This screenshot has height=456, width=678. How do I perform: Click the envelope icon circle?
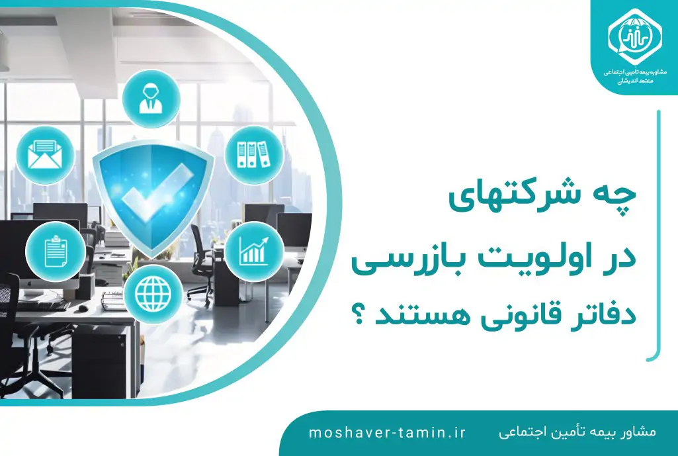click(x=45, y=156)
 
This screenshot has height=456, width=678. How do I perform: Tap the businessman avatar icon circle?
click(x=151, y=99)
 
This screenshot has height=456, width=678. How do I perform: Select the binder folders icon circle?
click(x=254, y=155)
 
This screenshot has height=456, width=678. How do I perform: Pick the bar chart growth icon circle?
click(x=254, y=251)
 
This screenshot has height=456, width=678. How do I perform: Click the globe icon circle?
click(x=153, y=295)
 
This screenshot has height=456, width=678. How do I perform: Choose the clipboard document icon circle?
click(x=56, y=251)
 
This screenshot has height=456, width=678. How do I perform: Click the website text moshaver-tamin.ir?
click(x=387, y=433)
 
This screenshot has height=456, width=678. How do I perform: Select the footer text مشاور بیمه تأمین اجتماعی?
click(x=577, y=432)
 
